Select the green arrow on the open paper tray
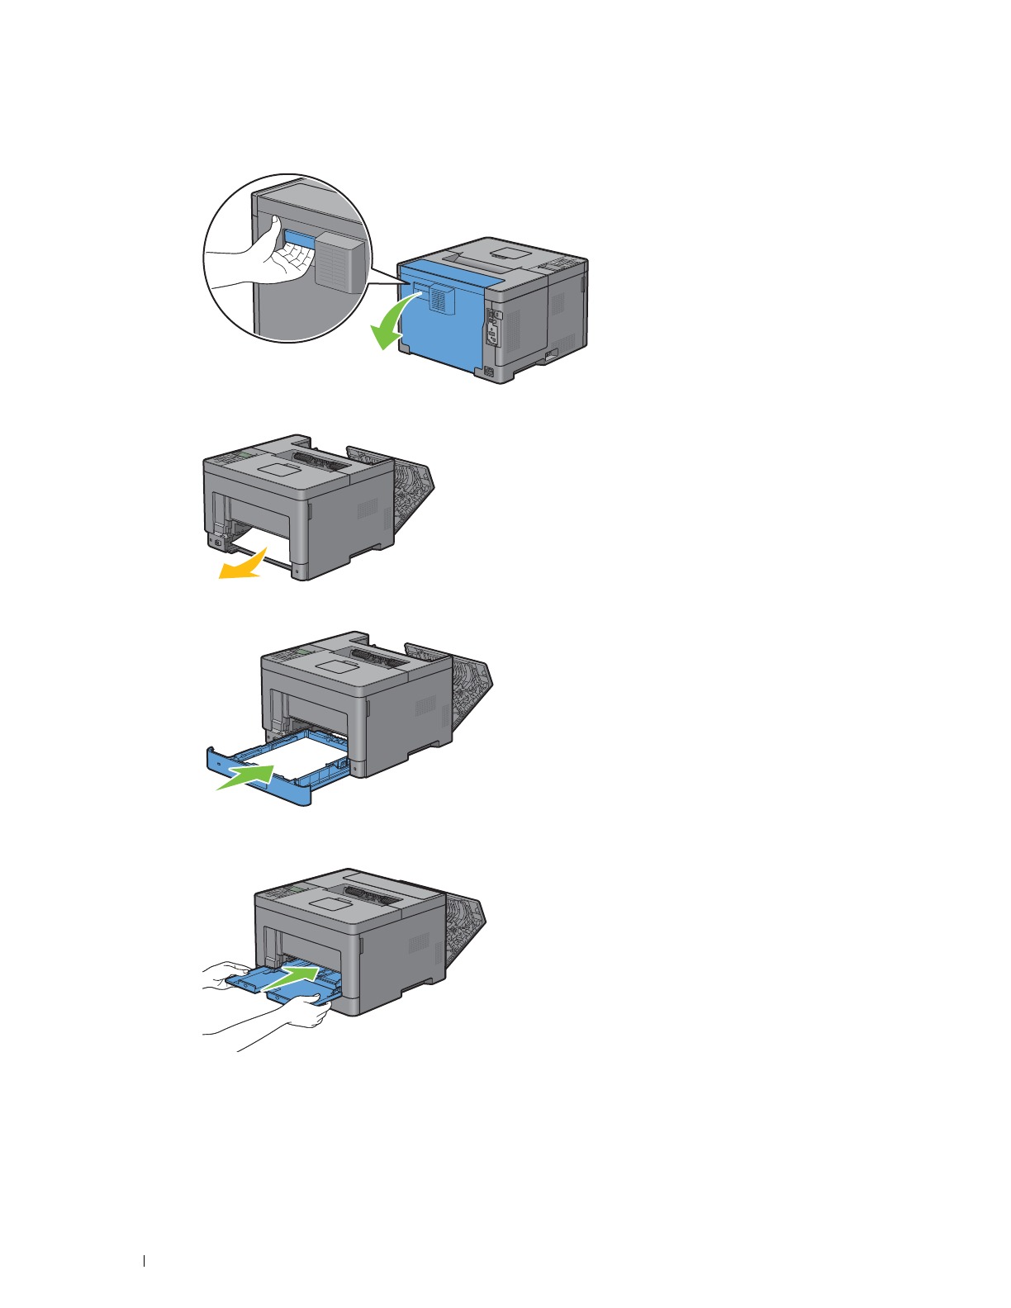click(246, 776)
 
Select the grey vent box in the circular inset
click(339, 261)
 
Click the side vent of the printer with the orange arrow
click(368, 507)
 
